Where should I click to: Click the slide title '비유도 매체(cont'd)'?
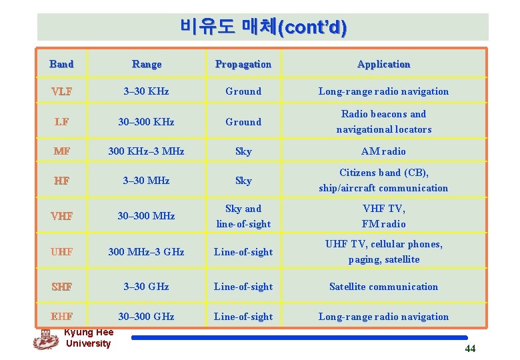(x=263, y=27)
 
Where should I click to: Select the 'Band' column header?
(x=61, y=64)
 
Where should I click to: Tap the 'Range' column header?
(x=147, y=64)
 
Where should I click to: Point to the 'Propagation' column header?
(x=243, y=64)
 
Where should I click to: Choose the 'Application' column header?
(x=383, y=64)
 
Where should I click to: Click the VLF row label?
(x=61, y=91)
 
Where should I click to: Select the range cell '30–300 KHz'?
(x=147, y=122)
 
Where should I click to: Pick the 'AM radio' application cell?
(x=383, y=151)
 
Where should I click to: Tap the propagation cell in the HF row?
(x=243, y=181)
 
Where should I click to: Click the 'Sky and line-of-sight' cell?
(x=243, y=216)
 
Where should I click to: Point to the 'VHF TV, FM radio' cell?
(x=383, y=216)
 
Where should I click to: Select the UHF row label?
(x=61, y=252)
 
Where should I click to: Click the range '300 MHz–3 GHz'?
(x=147, y=252)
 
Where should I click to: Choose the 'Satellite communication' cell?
(x=383, y=287)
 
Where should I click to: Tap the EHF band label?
(x=61, y=317)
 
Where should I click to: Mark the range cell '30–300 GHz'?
(x=147, y=317)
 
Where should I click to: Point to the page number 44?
(x=470, y=349)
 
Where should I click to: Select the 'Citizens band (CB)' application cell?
(x=383, y=180)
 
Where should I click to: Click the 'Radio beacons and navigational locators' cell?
(x=383, y=121)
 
